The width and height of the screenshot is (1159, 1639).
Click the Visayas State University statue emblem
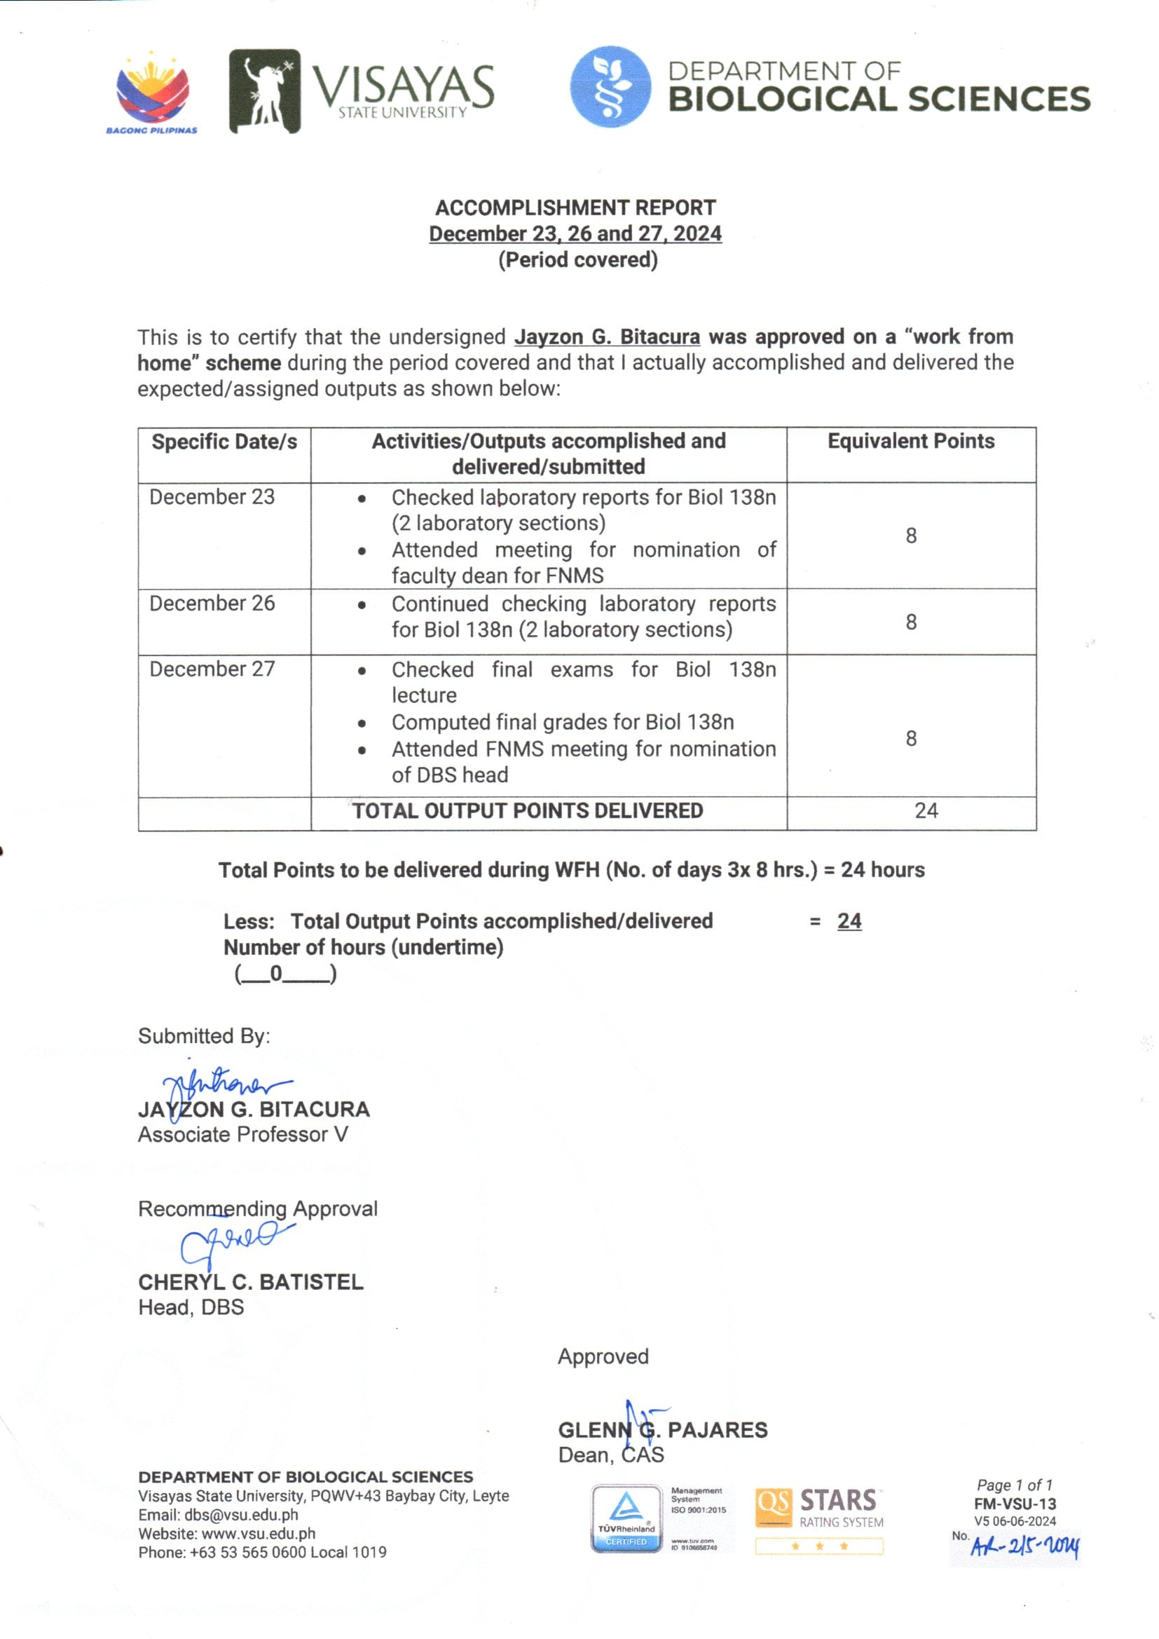coord(264,91)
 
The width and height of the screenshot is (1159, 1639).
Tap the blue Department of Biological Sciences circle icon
coord(610,87)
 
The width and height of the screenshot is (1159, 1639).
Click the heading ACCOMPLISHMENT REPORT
coord(575,208)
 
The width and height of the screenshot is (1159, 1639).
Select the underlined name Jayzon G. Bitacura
coord(607,336)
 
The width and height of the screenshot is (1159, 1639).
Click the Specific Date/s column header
coord(224,442)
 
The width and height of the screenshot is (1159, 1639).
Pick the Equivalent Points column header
coord(911,441)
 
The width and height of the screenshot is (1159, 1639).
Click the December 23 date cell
coord(212,497)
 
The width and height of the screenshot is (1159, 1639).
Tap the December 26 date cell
coord(212,603)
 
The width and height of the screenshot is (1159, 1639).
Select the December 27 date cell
coord(212,669)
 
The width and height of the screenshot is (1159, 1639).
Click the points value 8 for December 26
coord(912,622)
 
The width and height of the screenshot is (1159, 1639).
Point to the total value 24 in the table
coord(926,810)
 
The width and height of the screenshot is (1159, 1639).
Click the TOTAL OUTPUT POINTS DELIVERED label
coord(528,811)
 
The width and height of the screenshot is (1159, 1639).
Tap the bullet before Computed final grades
coord(362,723)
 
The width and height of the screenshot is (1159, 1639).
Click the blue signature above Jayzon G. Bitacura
coord(221,1086)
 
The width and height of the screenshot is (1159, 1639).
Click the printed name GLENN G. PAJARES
coord(662,1430)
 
